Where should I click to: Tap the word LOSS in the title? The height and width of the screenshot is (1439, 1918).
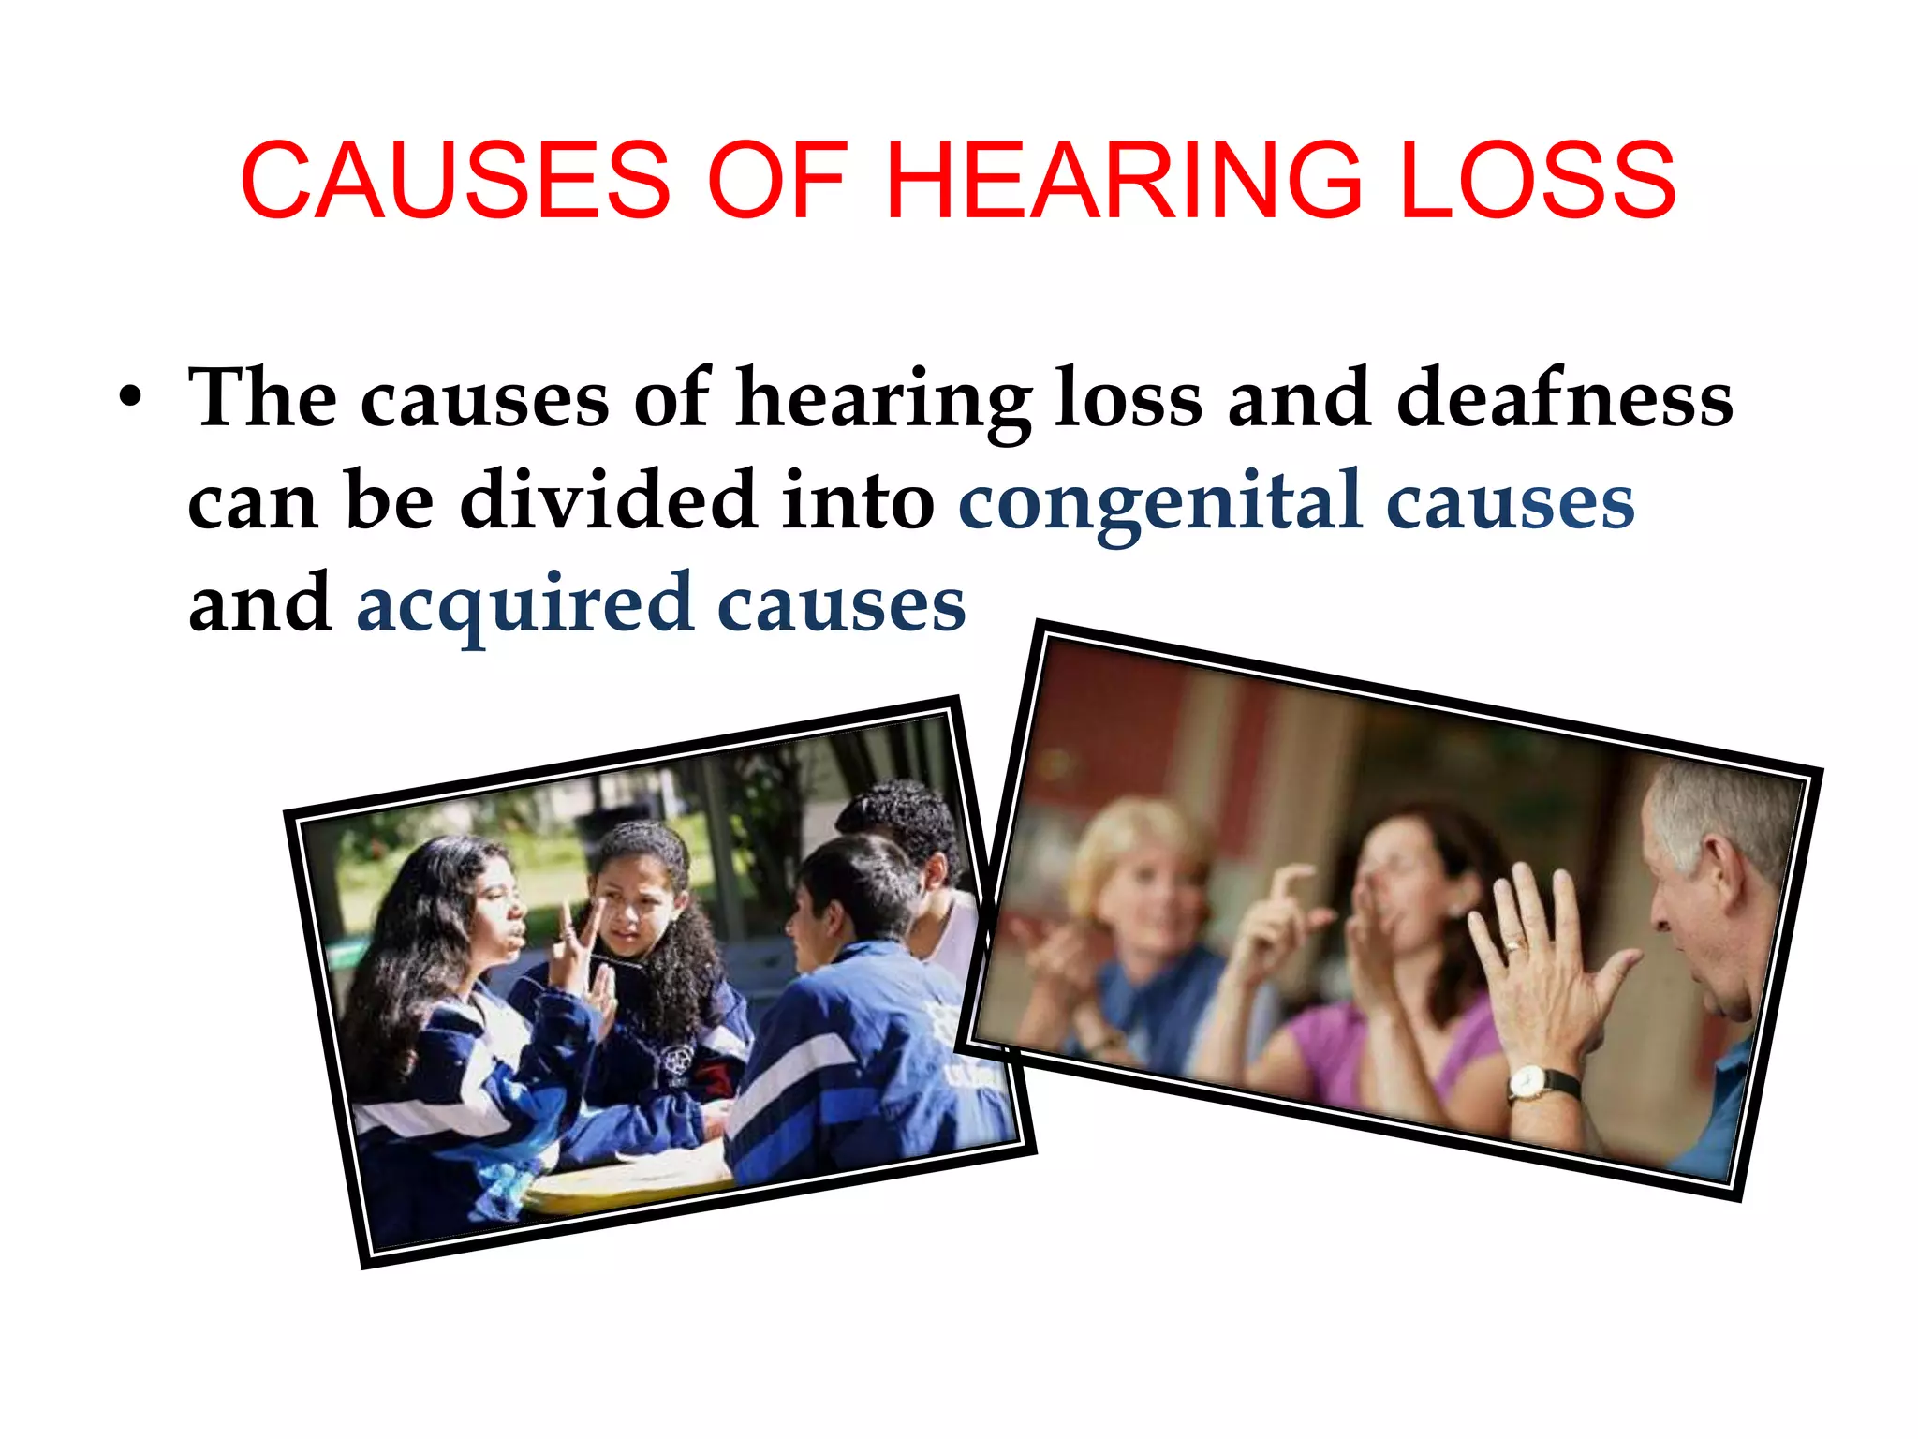tap(1537, 180)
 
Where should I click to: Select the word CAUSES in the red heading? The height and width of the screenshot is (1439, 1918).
tap(456, 180)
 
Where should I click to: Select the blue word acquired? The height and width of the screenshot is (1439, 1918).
tap(524, 605)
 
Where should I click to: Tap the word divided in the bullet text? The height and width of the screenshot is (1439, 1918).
tap(608, 501)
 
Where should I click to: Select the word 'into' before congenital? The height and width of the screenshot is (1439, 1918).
tap(858, 501)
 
